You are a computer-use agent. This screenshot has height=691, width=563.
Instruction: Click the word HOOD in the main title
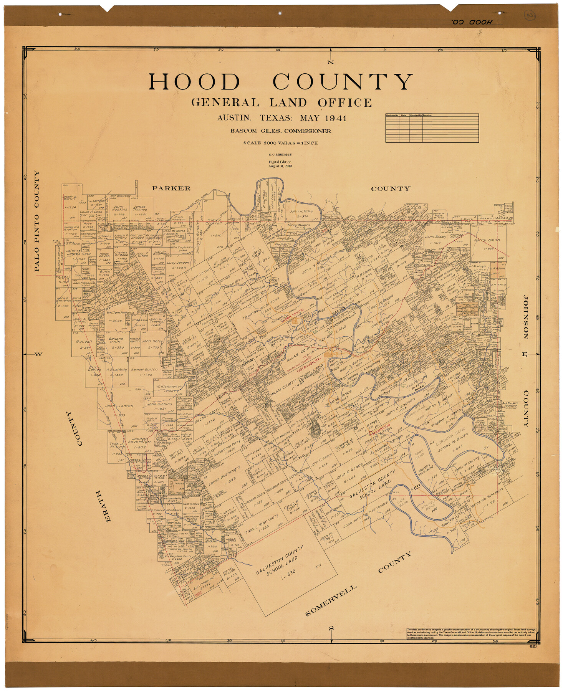[194, 82]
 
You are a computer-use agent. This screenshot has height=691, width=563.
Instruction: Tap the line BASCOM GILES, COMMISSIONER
[280, 131]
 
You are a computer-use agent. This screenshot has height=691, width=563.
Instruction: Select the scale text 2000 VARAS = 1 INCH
[280, 143]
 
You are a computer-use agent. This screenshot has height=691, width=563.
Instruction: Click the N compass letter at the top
[331, 63]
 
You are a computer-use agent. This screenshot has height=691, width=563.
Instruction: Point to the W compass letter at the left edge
[38, 354]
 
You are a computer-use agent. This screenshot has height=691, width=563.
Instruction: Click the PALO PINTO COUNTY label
[37, 221]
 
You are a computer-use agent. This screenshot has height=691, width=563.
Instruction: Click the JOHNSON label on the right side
[525, 317]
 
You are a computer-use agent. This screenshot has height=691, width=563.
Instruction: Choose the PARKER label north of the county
[171, 188]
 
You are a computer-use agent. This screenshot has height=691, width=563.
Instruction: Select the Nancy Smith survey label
[487, 240]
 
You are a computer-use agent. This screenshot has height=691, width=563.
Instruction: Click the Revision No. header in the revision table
[392, 115]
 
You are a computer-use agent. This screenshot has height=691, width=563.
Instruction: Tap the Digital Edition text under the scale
[280, 162]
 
